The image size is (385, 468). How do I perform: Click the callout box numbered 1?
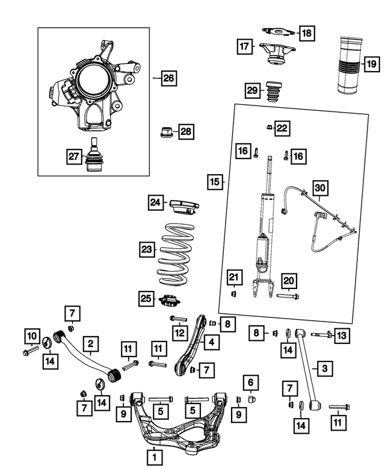pyautogui.click(x=155, y=458)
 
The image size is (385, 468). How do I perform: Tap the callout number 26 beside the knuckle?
pyautogui.click(x=169, y=78)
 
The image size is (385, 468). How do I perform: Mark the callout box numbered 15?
pyautogui.click(x=214, y=181)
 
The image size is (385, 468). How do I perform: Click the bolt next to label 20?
pyautogui.click(x=288, y=296)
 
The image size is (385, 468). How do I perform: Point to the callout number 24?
pyautogui.click(x=156, y=204)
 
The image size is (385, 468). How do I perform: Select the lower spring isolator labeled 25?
pyautogui.click(x=169, y=299)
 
